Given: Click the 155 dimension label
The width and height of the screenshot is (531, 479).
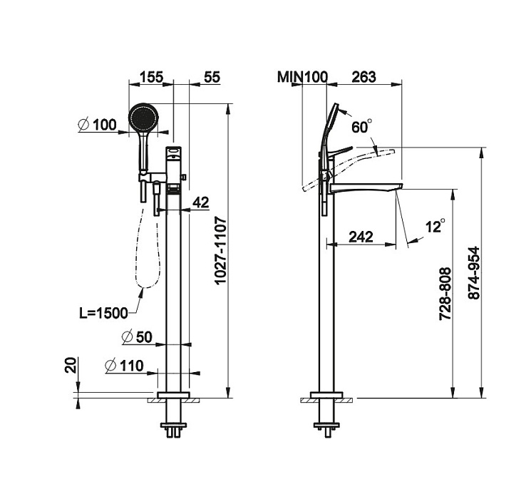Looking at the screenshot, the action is pos(151,77).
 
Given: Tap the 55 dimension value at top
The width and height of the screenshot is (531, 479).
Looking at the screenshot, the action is pos(212,77).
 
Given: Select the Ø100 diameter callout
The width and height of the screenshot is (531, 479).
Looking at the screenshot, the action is pos(98,125).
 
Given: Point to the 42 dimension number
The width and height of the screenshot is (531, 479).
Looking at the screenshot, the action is pos(201,202).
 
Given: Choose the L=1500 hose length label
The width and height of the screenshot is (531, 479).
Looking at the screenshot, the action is pos(103,314).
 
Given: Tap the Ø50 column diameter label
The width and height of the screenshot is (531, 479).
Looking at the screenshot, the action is pos(137,337).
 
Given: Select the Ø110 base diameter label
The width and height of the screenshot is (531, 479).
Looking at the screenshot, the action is pos(124,366).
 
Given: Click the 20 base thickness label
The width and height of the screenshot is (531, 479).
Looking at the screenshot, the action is pos(71,365).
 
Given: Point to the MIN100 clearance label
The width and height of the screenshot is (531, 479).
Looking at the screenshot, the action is pos(302,77).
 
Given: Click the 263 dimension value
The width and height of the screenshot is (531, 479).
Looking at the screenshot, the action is pos(364,77).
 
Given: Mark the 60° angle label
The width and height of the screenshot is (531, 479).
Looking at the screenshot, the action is pos(361,126).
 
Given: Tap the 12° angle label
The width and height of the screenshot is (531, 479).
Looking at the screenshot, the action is pos(435,226).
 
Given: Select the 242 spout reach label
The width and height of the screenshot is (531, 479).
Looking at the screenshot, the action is pos(361,237).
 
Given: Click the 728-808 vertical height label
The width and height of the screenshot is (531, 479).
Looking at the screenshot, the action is pos(445,294).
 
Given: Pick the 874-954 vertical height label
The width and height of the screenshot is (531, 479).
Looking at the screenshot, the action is pos(474,273).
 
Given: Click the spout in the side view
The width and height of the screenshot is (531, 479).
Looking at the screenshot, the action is pos(366,187).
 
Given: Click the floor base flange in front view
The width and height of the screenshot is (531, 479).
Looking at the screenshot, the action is pos(173,396).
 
